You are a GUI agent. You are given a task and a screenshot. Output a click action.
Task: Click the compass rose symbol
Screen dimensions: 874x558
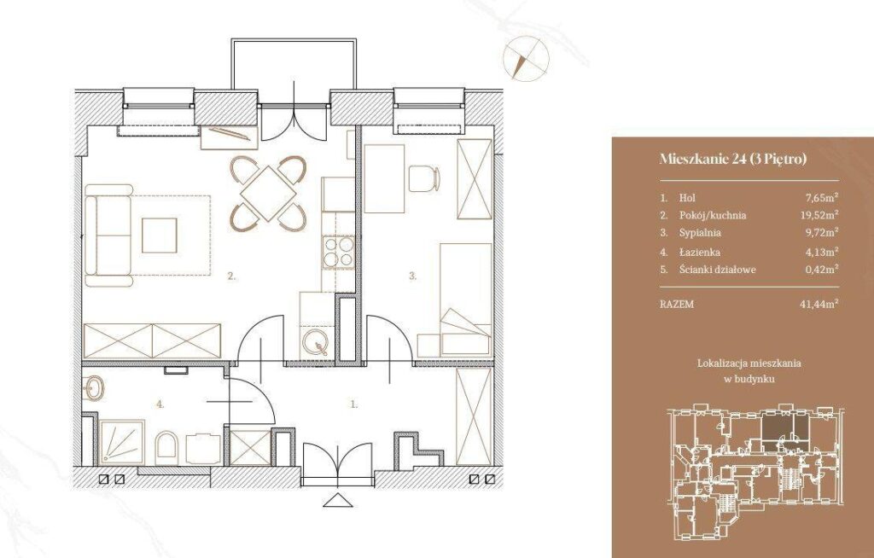[526, 58]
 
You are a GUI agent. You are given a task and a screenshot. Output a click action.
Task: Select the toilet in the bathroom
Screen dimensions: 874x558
[166, 448]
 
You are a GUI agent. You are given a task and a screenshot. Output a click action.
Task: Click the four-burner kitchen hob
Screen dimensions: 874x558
[338, 252]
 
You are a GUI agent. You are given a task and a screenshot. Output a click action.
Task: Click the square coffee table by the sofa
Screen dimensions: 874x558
[160, 235]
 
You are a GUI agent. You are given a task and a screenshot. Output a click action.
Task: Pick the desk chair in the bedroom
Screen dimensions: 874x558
[423, 178]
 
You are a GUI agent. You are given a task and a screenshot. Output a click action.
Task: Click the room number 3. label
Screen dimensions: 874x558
[413, 276]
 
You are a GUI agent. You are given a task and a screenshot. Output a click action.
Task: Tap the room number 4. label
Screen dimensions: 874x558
[160, 404]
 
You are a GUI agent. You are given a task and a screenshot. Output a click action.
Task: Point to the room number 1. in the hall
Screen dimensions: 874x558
[353, 404]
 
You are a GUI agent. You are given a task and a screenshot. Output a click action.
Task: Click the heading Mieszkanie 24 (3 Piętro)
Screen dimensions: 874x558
[733, 159]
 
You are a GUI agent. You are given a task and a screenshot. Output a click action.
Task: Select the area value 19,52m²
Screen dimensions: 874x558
[819, 215]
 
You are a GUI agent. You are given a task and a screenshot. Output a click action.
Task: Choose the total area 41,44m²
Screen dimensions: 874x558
[819, 305]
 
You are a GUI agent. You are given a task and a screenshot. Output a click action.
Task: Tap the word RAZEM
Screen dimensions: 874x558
[677, 305]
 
